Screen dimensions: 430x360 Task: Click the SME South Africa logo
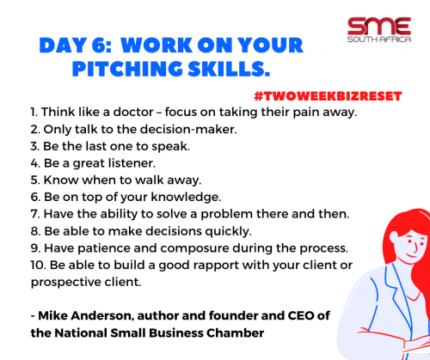[379, 30]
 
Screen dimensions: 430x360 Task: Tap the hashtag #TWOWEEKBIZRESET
[328, 96]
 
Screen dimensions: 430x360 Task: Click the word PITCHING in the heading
[127, 69]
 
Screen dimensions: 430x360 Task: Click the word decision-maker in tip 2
[188, 129]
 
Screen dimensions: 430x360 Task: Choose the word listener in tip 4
[132, 163]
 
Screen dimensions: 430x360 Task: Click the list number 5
[35, 180]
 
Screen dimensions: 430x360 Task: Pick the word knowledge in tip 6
[186, 197]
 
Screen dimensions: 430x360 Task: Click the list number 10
[38, 265]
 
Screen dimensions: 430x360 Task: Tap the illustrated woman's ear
[394, 237]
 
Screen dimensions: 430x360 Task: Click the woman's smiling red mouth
[412, 255]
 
